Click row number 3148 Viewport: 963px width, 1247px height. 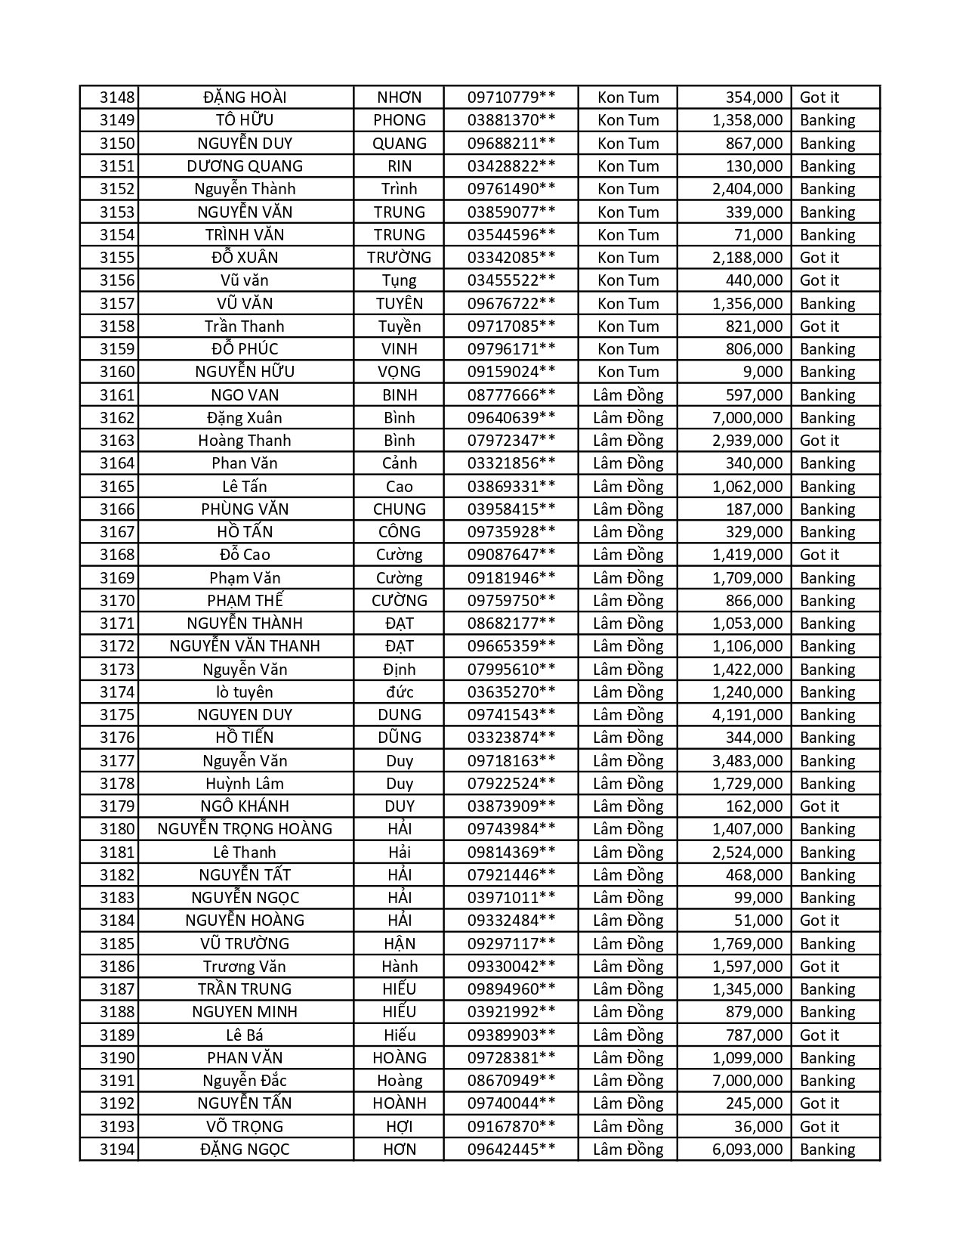click(x=117, y=97)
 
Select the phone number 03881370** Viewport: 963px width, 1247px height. click(x=511, y=120)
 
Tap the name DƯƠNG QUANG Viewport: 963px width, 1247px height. click(x=245, y=166)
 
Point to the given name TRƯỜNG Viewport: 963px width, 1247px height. click(x=399, y=258)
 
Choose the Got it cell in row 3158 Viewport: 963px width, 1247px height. click(x=819, y=326)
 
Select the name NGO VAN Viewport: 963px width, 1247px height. click(x=245, y=395)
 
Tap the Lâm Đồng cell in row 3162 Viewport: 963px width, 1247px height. click(x=628, y=418)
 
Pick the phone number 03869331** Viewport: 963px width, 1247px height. click(x=511, y=487)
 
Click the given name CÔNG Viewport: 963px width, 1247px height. click(x=399, y=532)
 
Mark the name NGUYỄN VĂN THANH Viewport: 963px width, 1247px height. click(x=245, y=646)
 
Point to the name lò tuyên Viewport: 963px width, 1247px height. click(x=245, y=692)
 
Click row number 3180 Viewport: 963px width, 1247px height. click(x=117, y=829)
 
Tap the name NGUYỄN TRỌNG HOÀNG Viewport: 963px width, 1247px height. click(x=245, y=829)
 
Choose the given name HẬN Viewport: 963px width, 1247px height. click(x=399, y=944)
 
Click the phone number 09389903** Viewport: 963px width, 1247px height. click(x=511, y=1035)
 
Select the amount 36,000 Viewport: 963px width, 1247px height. click(x=758, y=1127)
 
